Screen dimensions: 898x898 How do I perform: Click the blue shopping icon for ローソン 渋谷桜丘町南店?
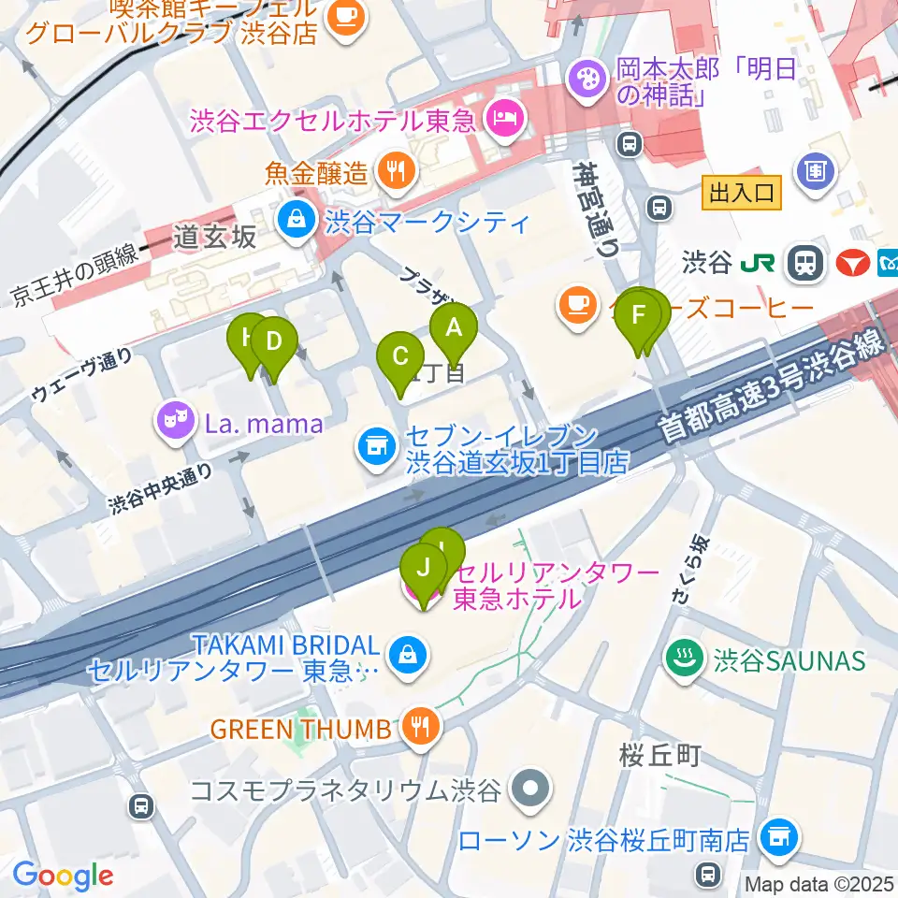tap(777, 834)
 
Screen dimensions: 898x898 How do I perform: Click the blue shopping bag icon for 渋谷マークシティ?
tap(296, 221)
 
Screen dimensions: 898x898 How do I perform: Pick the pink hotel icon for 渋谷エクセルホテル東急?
tap(505, 118)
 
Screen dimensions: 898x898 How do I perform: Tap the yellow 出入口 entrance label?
tap(741, 194)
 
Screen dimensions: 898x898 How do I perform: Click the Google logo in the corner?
tap(63, 875)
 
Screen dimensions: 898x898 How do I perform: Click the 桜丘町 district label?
tap(659, 755)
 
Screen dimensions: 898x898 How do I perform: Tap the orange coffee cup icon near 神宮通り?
tap(572, 301)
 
